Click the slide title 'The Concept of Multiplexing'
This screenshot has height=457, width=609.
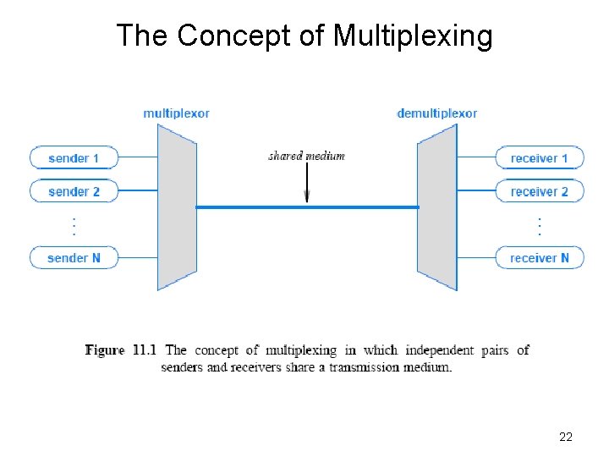[304, 36]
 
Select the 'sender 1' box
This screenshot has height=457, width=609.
[74, 158]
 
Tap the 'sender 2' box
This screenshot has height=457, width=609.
[74, 191]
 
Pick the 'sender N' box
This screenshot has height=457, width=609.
[74, 257]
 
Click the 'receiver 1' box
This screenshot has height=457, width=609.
[540, 158]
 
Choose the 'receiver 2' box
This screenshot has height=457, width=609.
[540, 191]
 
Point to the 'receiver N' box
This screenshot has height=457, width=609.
[540, 257]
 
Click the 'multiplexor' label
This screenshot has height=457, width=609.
[176, 113]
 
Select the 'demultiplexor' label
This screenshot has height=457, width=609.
[436, 113]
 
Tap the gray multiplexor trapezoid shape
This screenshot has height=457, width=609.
[177, 207]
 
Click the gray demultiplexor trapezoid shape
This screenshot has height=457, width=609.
[437, 207]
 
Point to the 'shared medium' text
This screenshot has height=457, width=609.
[306, 156]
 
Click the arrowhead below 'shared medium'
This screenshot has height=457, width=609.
[306, 196]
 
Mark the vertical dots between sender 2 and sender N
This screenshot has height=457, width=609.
[74, 226]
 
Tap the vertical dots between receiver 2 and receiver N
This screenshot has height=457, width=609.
[540, 226]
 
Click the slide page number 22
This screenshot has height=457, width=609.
[566, 437]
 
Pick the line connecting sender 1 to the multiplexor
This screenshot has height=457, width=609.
[137, 158]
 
